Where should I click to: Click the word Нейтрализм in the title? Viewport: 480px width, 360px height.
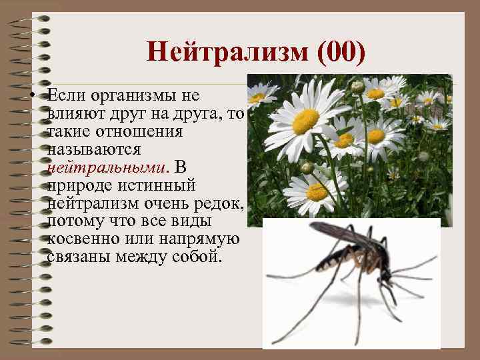click(x=227, y=52)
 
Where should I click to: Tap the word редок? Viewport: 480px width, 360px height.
click(x=220, y=202)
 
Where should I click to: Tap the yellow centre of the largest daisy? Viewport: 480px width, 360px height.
click(x=306, y=121)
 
